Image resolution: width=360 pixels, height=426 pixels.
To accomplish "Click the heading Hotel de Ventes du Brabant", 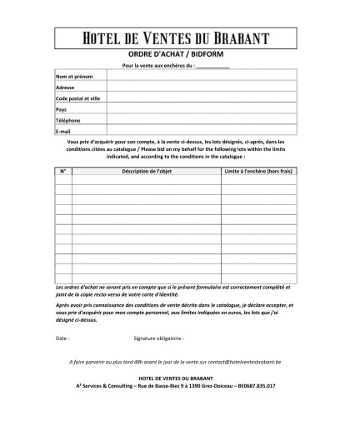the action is (179, 38).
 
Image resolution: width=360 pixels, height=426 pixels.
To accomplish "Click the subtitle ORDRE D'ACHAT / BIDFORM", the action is (179, 53).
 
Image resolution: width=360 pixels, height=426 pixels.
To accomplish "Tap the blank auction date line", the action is (212, 65).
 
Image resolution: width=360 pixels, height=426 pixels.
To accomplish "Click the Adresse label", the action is (65, 88).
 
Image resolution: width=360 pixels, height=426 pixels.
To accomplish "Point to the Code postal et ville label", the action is (77, 98).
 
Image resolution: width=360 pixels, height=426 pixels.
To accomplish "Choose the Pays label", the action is (61, 109).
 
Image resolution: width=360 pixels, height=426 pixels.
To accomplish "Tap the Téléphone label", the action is (67, 120).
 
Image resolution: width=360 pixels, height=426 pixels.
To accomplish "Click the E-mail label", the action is (63, 131).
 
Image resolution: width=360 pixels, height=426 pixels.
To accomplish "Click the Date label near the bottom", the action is (62, 339).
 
